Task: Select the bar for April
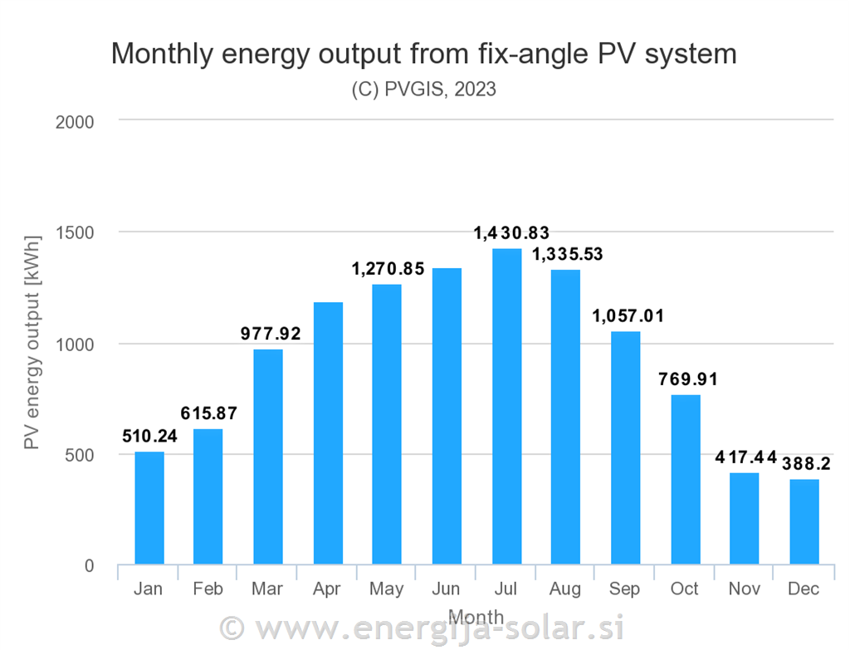(328, 433)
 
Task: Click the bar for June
(447, 417)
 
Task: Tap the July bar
(506, 407)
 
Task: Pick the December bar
(804, 522)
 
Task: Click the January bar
(149, 508)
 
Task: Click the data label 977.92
(271, 335)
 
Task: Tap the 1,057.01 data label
(628, 316)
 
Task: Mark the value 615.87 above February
(209, 413)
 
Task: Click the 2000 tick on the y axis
(75, 122)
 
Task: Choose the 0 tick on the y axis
(89, 566)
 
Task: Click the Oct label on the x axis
(685, 589)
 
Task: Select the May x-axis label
(387, 589)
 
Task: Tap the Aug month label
(565, 589)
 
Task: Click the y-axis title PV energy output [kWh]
(32, 341)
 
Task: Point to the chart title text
(423, 54)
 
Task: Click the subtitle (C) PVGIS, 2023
(423, 90)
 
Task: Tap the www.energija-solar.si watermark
(423, 627)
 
